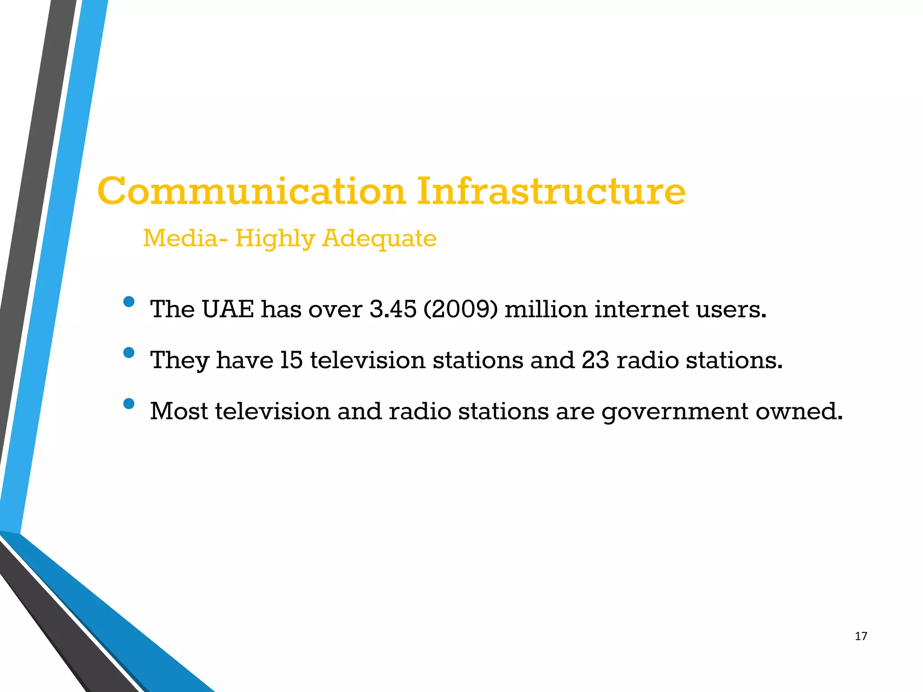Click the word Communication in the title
click(251, 191)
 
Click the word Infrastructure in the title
click(551, 191)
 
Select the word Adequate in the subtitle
click(379, 239)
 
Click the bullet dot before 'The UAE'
click(129, 302)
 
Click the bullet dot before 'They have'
click(129, 353)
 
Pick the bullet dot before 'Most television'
click(129, 404)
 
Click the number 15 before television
click(291, 360)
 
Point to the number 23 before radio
click(595, 360)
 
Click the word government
click(675, 412)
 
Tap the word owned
click(799, 411)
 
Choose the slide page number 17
click(861, 636)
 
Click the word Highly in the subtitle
click(274, 239)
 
